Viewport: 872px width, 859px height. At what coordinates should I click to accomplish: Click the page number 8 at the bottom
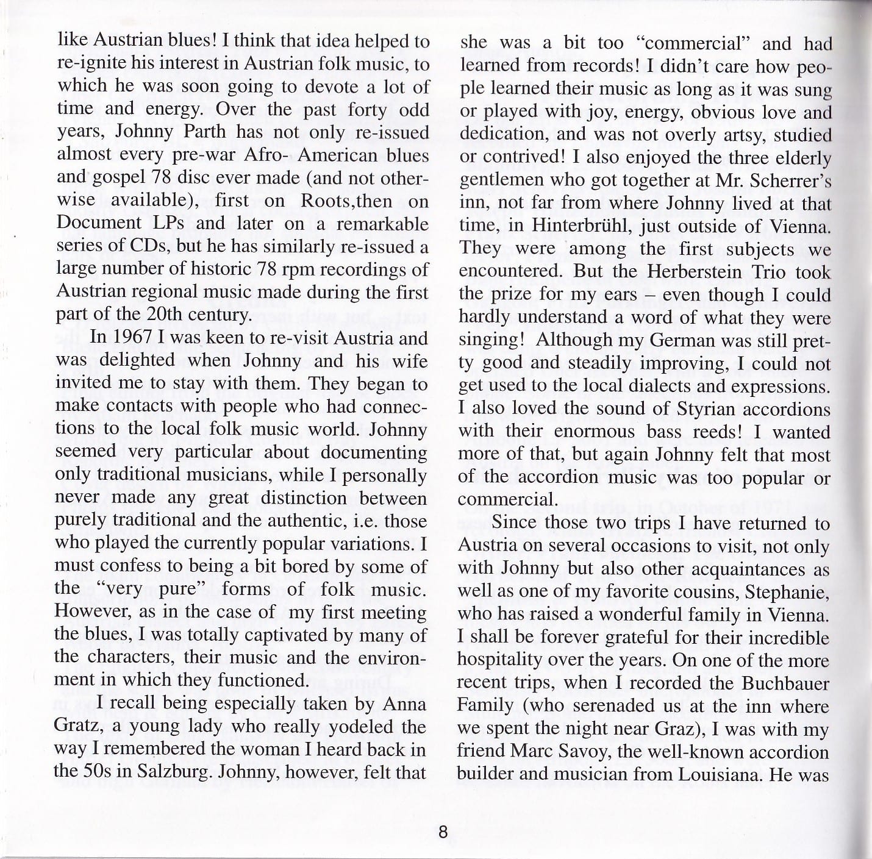click(x=443, y=832)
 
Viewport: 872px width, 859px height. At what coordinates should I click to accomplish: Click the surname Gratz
click(x=75, y=726)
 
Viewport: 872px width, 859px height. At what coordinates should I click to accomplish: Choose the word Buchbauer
click(x=785, y=683)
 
